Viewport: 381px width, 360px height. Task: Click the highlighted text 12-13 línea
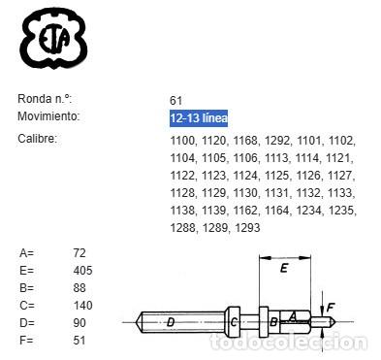pyautogui.click(x=198, y=117)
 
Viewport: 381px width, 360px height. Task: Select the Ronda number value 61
pyautogui.click(x=175, y=99)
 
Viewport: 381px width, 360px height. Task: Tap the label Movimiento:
pyautogui.click(x=48, y=116)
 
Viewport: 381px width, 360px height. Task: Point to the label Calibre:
pyautogui.click(x=37, y=139)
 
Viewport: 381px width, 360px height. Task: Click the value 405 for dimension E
pyautogui.click(x=83, y=271)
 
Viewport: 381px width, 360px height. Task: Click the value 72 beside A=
pyautogui.click(x=80, y=253)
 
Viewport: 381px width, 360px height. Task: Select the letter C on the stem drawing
pyautogui.click(x=235, y=322)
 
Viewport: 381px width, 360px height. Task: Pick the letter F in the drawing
pyautogui.click(x=331, y=308)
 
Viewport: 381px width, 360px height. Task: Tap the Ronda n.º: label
pyautogui.click(x=45, y=99)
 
